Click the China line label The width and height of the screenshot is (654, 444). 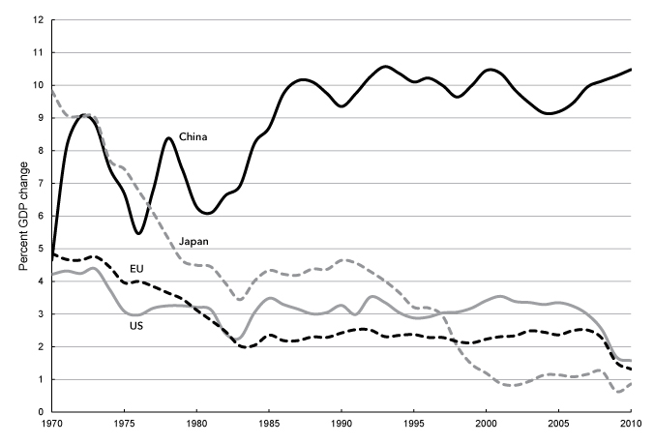click(x=193, y=137)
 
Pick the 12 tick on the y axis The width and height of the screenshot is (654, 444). click(x=38, y=20)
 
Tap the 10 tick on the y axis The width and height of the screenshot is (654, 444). click(x=38, y=85)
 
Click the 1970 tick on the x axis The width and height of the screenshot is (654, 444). click(x=51, y=424)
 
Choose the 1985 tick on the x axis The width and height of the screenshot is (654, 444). click(x=268, y=424)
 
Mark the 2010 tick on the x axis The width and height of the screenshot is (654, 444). click(x=630, y=424)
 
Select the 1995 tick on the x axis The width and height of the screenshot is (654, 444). click(x=413, y=424)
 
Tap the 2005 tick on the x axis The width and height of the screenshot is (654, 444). click(x=557, y=424)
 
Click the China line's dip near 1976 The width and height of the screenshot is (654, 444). click(x=138, y=233)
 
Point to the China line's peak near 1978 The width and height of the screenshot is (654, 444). click(x=168, y=138)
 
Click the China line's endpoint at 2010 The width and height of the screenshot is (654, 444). click(x=630, y=70)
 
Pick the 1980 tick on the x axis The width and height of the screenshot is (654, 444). click(x=196, y=424)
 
